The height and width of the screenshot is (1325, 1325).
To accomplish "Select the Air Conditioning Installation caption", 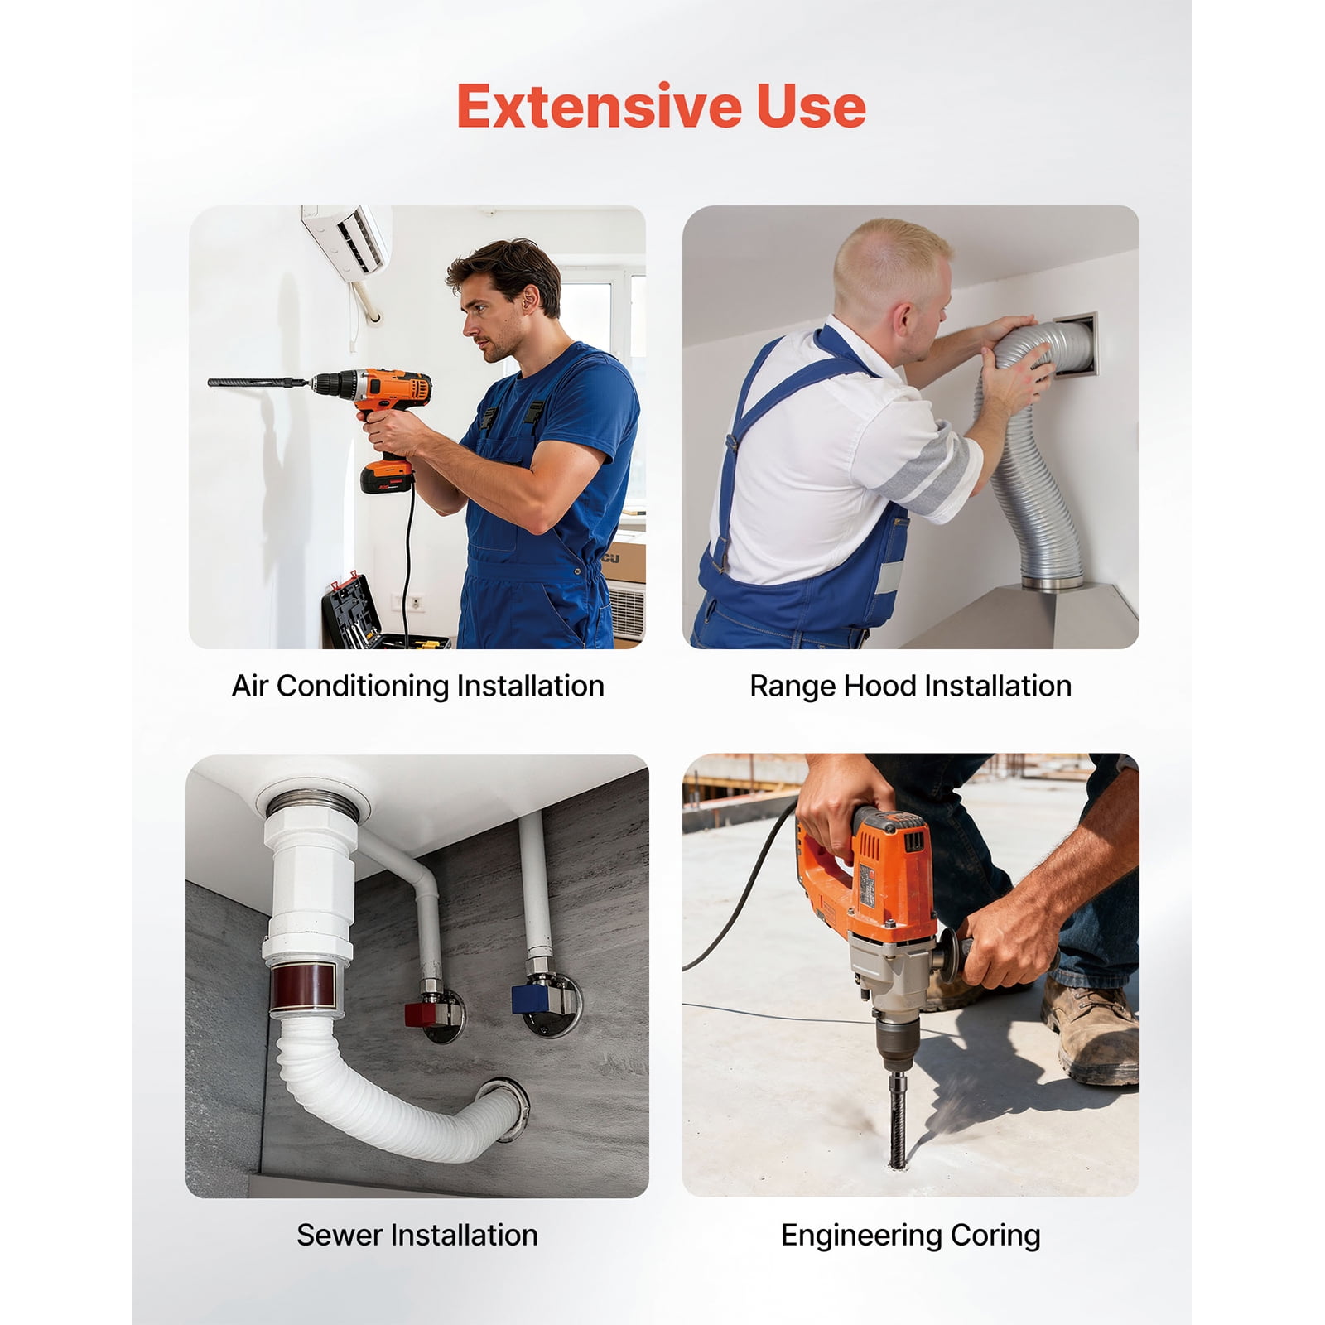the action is click(x=417, y=687).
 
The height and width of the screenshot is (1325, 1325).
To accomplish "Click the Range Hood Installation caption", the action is click(x=910, y=687).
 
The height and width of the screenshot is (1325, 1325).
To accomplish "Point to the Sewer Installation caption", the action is click(x=417, y=1235).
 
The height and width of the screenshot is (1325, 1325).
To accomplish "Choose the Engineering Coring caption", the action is click(x=910, y=1236).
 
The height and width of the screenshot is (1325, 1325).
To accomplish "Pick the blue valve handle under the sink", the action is click(x=527, y=995).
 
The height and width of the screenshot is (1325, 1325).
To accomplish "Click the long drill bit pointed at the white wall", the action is click(x=259, y=383).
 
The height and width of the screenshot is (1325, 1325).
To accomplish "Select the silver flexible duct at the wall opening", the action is click(x=1027, y=447).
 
